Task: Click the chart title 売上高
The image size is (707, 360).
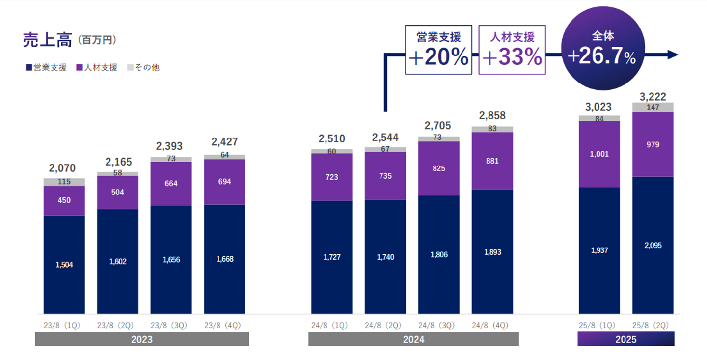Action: pos(47,40)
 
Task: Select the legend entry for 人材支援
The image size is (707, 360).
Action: pos(97,68)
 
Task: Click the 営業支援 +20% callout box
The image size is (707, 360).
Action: pos(438,50)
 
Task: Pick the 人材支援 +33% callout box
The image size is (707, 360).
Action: pos(512,50)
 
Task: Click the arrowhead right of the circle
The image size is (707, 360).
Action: pos(672,55)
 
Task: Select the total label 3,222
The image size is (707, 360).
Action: pos(653,97)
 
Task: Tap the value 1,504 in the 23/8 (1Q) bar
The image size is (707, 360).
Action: pos(64,265)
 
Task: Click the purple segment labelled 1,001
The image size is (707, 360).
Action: pos(599,154)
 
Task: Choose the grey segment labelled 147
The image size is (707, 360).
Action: pos(653,108)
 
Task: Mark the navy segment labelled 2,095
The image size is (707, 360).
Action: pos(653,245)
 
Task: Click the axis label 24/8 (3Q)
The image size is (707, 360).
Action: pos(438,325)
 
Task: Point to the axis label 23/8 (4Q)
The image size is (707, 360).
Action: pos(224,325)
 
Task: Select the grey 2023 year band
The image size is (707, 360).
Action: pos(141,339)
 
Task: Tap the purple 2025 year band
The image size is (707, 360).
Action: pos(625,339)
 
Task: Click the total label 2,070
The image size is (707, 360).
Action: pos(64,168)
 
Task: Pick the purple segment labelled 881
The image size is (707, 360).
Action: pos(492,161)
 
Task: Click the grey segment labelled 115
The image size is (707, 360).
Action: pos(64,182)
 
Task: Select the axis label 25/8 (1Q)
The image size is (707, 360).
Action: pos(599,325)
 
